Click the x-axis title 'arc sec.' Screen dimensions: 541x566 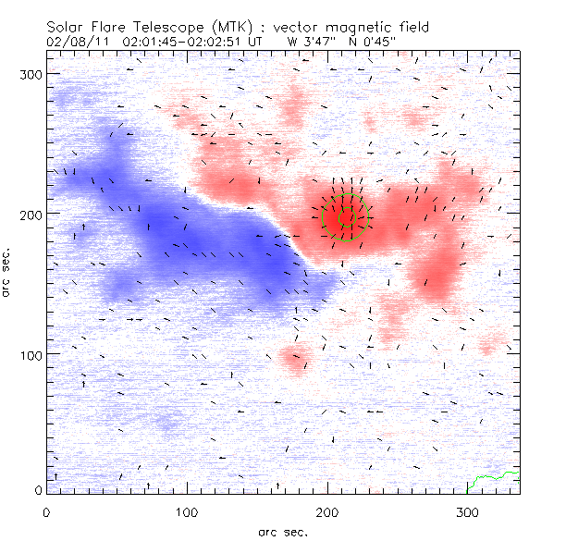point(283,531)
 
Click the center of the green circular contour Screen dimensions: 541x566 point(346,217)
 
